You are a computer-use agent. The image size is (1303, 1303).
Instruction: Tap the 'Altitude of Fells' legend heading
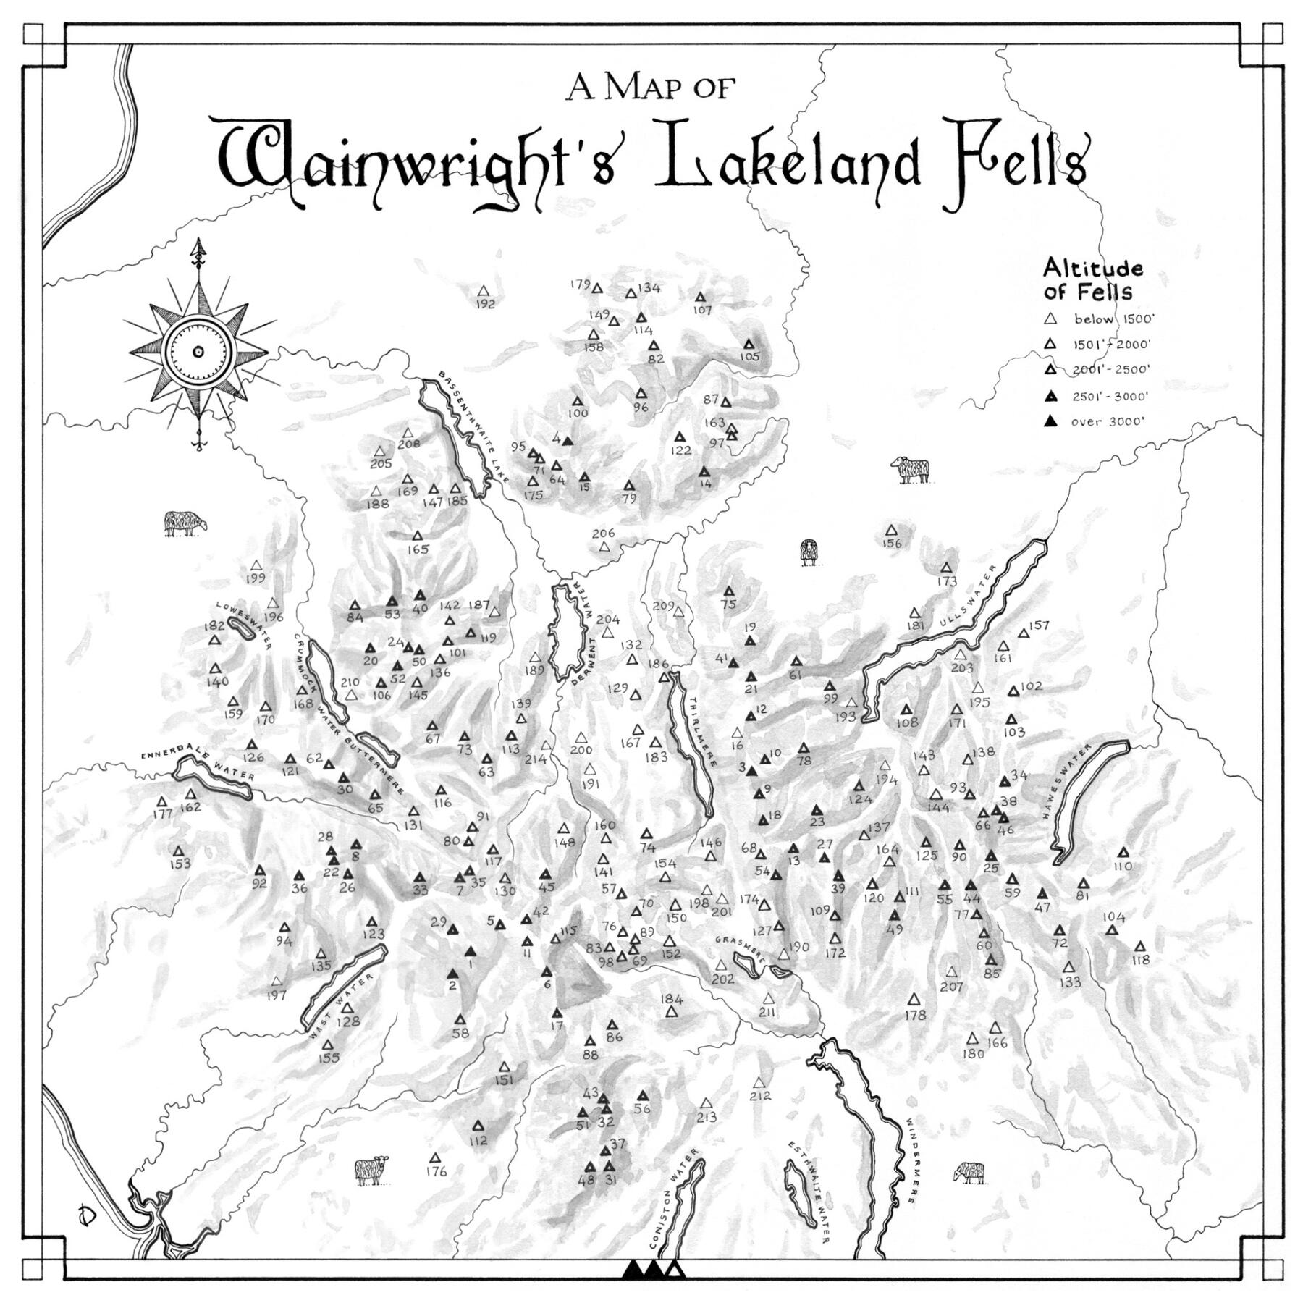pos(1092,280)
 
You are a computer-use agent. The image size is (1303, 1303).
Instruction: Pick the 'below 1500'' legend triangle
pos(1051,319)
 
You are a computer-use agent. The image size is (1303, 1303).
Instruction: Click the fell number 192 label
pos(485,304)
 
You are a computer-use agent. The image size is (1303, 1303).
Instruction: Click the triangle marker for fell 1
pos(471,951)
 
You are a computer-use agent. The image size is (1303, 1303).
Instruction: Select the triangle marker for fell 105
pos(749,344)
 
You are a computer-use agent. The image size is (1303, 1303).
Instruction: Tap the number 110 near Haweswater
pos(1123,866)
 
